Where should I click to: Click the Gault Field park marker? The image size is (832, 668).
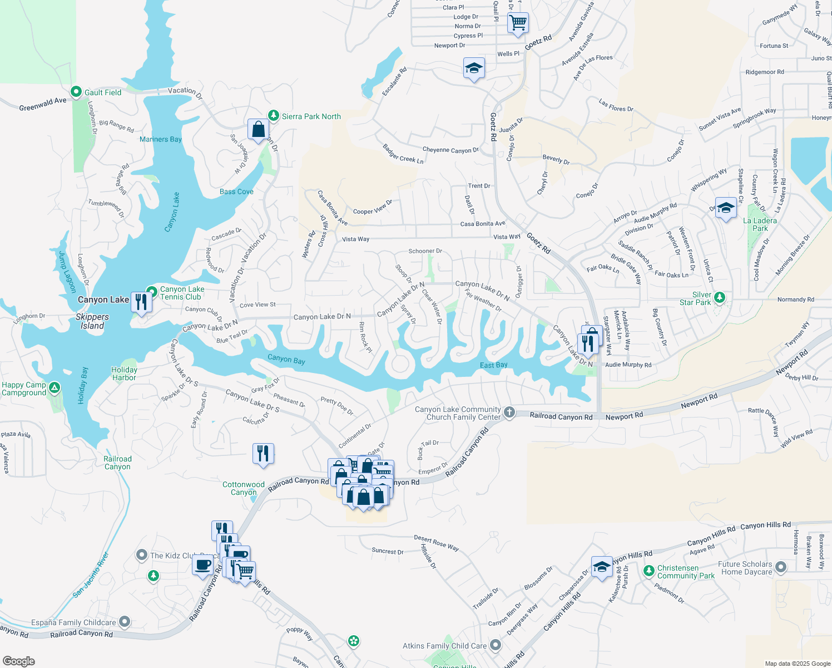click(76, 92)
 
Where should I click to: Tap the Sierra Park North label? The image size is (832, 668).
click(311, 116)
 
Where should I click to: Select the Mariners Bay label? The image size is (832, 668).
click(161, 139)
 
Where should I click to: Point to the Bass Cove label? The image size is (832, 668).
click(236, 191)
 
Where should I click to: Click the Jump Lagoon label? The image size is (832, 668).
click(67, 272)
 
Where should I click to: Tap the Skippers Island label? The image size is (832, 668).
click(92, 321)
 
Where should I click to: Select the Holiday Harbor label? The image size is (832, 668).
click(124, 374)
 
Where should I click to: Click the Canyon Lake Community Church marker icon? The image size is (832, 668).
click(509, 412)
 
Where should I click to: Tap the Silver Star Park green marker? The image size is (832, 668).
click(719, 297)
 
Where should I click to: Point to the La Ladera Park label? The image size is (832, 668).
click(760, 224)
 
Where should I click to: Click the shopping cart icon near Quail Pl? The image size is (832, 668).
click(518, 23)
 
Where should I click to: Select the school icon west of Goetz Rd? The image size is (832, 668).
click(474, 68)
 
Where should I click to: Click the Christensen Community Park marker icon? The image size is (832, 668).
click(648, 571)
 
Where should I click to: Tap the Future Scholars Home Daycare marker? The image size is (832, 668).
click(781, 567)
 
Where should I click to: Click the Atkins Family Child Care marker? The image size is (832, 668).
click(495, 646)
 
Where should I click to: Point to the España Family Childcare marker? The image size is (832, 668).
click(125, 621)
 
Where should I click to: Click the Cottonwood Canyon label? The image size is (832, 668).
click(244, 488)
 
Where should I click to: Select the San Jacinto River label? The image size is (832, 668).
click(91, 575)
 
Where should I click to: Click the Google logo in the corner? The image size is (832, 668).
click(19, 661)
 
